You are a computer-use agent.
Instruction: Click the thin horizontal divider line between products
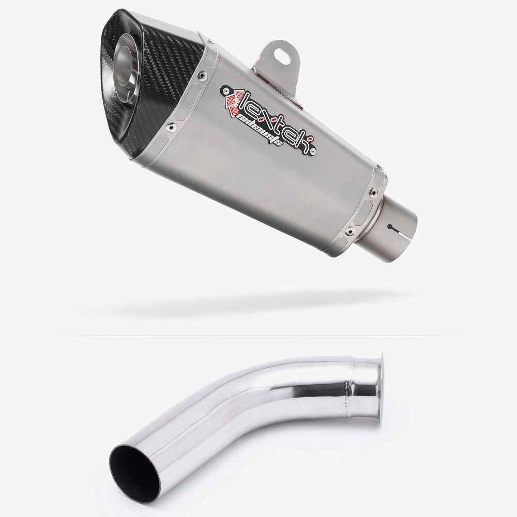[x=258, y=336]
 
